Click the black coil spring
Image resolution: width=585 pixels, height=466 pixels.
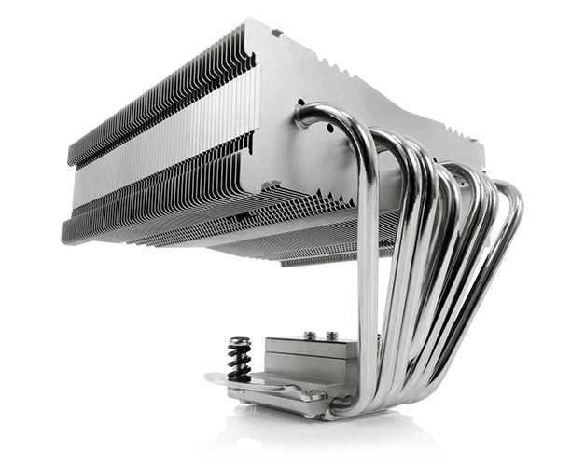point(239,360)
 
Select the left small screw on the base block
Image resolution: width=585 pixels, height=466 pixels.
point(307,333)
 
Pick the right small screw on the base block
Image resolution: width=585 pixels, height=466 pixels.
point(330,334)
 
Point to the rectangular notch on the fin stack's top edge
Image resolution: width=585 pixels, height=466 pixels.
point(276,34)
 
